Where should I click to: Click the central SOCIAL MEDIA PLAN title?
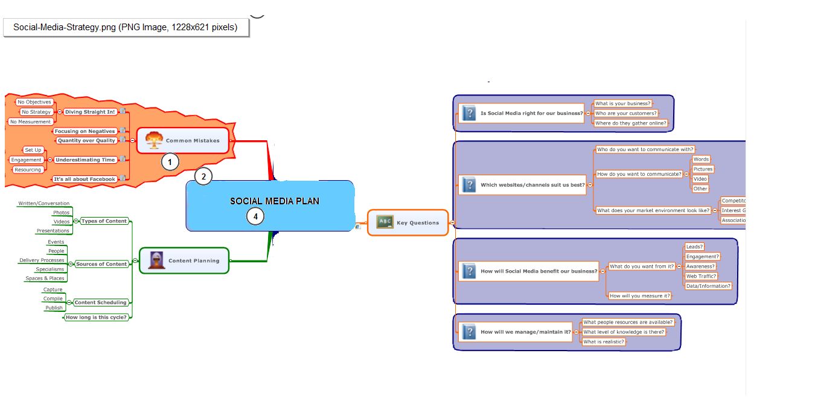(275, 201)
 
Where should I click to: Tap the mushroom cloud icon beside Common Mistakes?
(155, 140)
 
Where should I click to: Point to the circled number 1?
(170, 161)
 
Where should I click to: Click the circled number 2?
(203, 176)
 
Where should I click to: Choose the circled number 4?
(255, 216)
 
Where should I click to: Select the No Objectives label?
(34, 102)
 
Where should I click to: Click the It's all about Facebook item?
(84, 179)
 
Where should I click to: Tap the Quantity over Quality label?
(86, 140)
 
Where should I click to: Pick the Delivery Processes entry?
(42, 260)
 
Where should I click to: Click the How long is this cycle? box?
(97, 317)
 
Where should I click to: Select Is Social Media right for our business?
(531, 113)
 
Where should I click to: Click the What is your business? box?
(622, 103)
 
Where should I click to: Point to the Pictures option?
(703, 169)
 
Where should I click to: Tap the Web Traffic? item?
(701, 276)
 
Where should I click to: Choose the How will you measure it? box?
(639, 296)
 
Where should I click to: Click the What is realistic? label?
(603, 342)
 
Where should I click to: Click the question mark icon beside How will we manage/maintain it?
(468, 331)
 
